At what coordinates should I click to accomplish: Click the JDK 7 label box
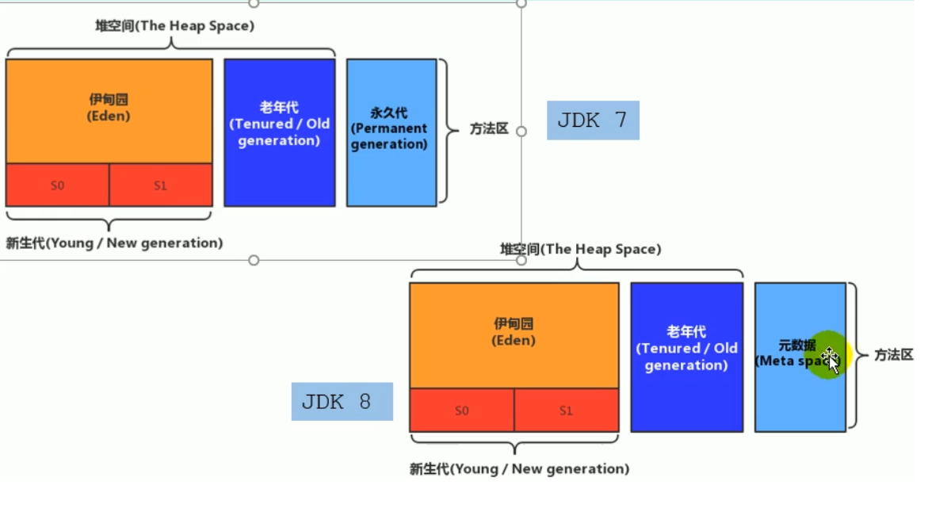pos(592,120)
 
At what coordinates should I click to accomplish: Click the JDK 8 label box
pos(342,401)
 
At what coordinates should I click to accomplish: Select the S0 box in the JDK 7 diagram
pos(57,185)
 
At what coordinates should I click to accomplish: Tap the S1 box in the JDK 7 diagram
pos(160,185)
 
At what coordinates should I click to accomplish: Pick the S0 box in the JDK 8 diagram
pos(461,411)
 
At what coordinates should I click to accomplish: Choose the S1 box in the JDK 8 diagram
pos(566,411)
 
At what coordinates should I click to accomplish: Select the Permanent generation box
pos(391,132)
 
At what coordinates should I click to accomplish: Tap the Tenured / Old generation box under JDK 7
pos(279,132)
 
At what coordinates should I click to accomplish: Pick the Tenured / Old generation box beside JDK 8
pos(686,357)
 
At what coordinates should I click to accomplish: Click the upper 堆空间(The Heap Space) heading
pos(174,25)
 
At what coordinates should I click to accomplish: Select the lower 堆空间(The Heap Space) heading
pos(580,249)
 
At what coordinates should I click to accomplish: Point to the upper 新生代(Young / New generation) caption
pos(114,243)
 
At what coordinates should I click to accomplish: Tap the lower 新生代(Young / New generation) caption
pos(519,469)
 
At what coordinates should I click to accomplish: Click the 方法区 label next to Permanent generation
pos(488,128)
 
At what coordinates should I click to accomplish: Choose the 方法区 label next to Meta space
pos(894,355)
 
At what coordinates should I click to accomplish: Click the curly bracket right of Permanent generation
pos(449,131)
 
